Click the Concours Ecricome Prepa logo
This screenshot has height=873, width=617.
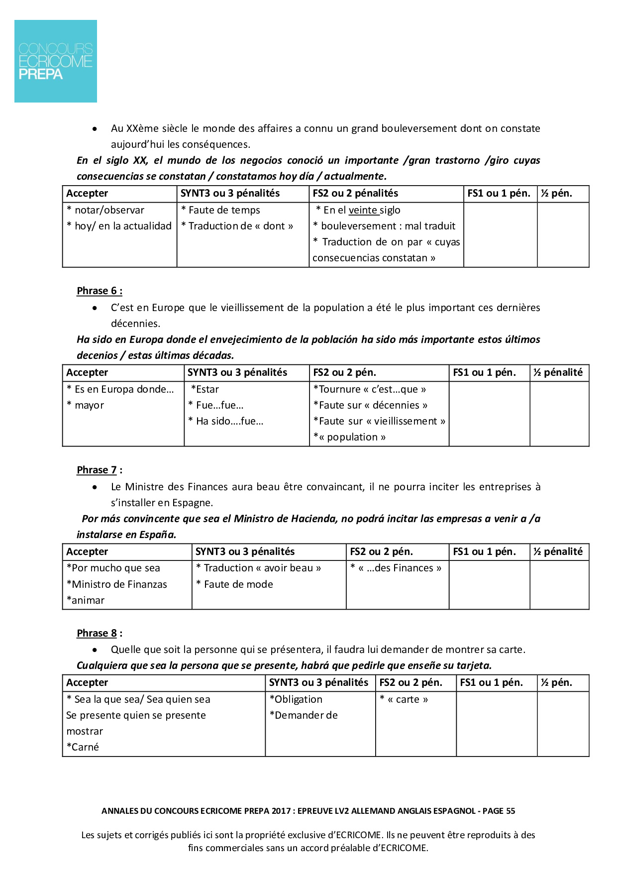click(x=56, y=61)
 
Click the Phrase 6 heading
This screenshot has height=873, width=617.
click(x=99, y=291)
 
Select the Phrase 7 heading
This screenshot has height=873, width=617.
click(x=99, y=470)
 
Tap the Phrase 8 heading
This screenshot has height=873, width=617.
click(x=99, y=634)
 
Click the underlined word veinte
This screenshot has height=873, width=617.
click(x=363, y=211)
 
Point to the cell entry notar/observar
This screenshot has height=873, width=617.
click(x=109, y=211)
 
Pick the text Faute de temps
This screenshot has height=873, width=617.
click(x=224, y=211)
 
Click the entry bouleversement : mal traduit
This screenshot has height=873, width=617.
click(x=387, y=226)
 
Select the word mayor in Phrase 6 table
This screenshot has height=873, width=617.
click(x=89, y=406)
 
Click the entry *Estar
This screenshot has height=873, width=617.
click(x=205, y=390)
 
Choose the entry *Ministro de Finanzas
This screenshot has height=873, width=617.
click(x=117, y=585)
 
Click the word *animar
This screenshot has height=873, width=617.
click(x=86, y=601)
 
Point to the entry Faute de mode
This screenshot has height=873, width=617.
click(x=238, y=585)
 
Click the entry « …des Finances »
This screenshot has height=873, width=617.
click(x=399, y=568)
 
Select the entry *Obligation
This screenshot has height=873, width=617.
click(x=296, y=700)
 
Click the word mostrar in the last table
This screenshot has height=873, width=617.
click(x=85, y=732)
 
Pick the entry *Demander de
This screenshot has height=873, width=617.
click(x=304, y=716)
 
